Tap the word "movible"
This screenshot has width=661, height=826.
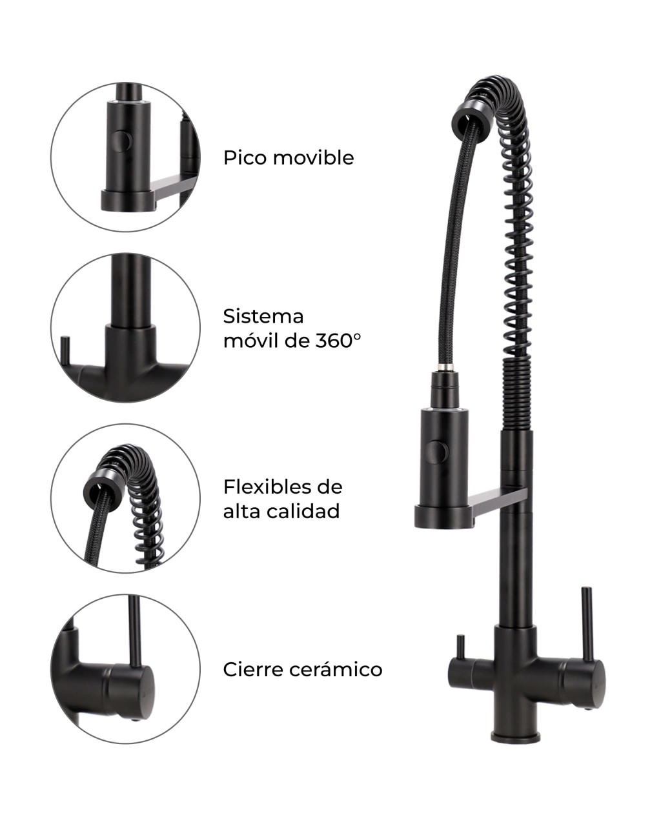pos(314,157)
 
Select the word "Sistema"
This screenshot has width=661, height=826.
pos(263,317)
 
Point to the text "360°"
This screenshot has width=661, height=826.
pos(338,341)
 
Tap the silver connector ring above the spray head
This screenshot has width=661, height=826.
pos(446,367)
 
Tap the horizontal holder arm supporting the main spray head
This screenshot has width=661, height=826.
pos(498,502)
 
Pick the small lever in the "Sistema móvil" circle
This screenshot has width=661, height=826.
pos(65,352)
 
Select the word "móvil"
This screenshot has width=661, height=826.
pos(250,341)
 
